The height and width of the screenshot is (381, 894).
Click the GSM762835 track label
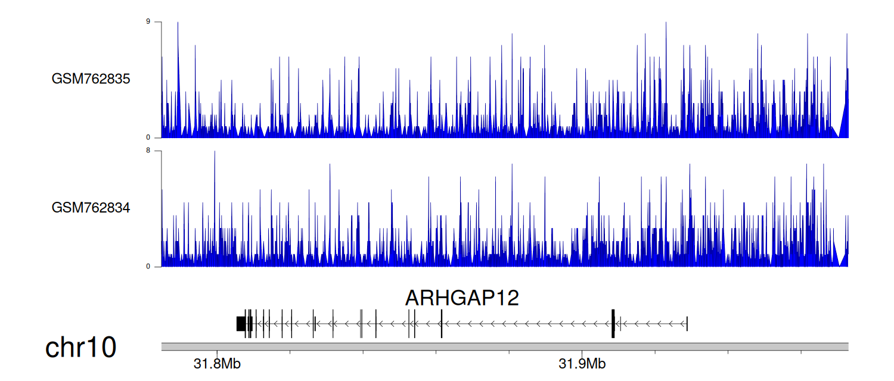91,79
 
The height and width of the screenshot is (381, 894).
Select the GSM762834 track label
91,208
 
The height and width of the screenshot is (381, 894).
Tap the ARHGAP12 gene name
462,298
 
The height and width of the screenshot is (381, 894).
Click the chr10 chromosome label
80,348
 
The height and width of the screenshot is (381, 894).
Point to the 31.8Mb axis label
217,364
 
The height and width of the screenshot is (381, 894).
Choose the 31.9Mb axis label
582,364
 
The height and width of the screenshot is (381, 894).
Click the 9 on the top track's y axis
148,21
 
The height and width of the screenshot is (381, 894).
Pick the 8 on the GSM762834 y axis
148,151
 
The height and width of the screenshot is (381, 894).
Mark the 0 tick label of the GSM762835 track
148,138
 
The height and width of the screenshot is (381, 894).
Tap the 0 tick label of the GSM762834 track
148,267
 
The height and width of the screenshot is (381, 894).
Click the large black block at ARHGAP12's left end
241,324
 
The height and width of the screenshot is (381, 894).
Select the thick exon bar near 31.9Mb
613,324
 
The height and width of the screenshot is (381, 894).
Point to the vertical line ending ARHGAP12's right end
687,324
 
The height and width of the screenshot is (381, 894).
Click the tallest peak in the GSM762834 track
215,152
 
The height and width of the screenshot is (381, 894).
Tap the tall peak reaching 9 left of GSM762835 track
178,23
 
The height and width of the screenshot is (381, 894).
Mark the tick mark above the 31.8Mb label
217,352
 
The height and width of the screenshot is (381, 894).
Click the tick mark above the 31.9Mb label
582,352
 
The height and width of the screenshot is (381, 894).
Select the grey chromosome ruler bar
505,346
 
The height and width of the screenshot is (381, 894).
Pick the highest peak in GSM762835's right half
666,23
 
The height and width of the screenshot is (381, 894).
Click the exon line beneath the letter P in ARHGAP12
442,324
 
